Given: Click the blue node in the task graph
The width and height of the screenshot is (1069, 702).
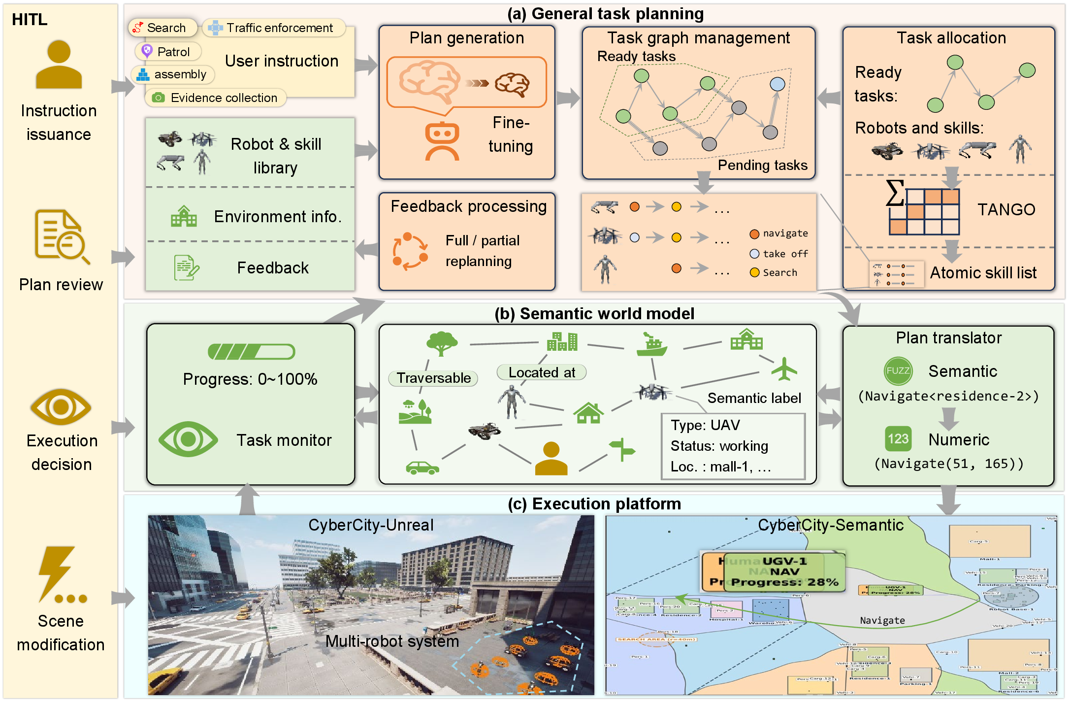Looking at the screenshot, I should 777,84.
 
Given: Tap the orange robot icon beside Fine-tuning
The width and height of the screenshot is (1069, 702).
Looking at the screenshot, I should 442,142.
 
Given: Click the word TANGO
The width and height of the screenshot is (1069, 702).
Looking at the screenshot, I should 1006,210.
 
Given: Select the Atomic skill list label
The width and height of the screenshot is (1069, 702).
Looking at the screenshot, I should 983,273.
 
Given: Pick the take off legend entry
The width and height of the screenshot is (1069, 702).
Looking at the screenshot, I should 778,254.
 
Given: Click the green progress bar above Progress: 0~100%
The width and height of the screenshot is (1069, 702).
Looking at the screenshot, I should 251,352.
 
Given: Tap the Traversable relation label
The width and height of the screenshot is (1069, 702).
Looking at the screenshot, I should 433,378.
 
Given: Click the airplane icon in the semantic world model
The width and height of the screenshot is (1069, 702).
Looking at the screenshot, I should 784,369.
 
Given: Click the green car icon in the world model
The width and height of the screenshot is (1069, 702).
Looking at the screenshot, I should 422,467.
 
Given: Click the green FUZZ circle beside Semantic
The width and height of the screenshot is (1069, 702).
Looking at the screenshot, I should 898,371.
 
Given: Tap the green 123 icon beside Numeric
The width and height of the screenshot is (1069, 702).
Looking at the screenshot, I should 898,439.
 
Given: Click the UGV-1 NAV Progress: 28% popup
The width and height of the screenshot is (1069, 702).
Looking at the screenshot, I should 785,572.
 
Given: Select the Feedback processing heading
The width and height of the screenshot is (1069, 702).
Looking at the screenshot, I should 468,206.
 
